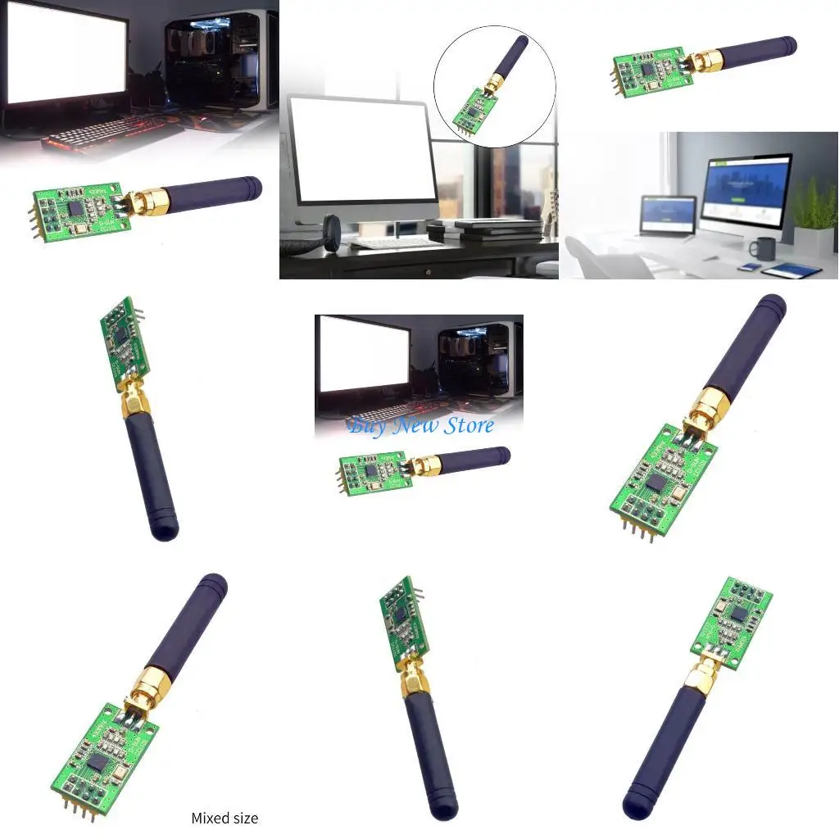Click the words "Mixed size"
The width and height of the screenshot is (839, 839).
[224, 818]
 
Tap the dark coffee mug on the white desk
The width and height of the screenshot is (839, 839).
[764, 248]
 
